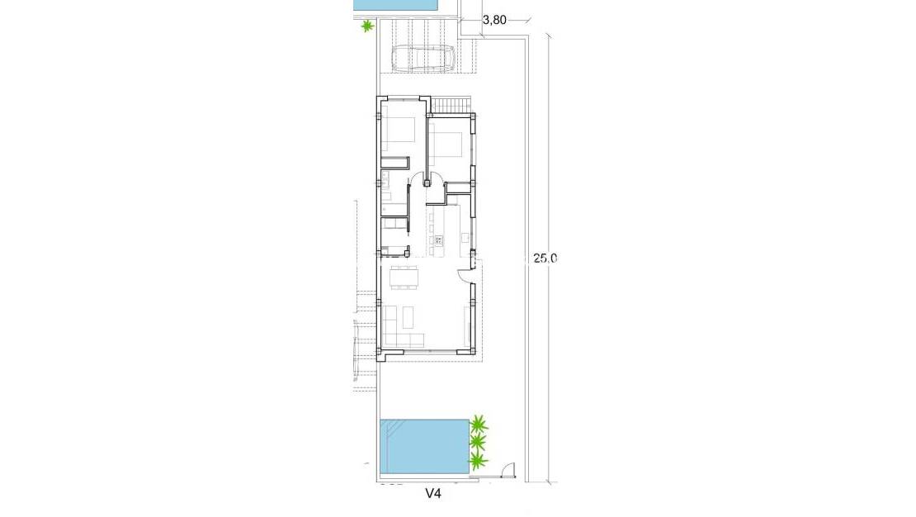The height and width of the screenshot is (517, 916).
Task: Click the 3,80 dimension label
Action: [494, 20]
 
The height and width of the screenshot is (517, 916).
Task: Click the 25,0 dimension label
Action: [545, 258]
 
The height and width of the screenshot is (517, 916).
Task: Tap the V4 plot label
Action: [433, 494]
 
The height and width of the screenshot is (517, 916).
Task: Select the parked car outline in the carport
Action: [425, 59]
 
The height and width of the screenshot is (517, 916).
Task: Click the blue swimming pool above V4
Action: [425, 446]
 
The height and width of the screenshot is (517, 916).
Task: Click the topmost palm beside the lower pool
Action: [479, 423]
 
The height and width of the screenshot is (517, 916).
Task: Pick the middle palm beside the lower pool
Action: [479, 442]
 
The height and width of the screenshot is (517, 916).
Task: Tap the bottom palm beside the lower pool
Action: [479, 461]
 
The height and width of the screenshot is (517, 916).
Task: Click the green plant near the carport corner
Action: [367, 26]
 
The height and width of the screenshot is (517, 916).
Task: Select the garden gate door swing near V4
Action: [509, 470]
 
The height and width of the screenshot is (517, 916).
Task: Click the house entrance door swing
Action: [465, 274]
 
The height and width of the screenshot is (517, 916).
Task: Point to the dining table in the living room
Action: [404, 277]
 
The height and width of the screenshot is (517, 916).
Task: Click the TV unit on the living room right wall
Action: [467, 325]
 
